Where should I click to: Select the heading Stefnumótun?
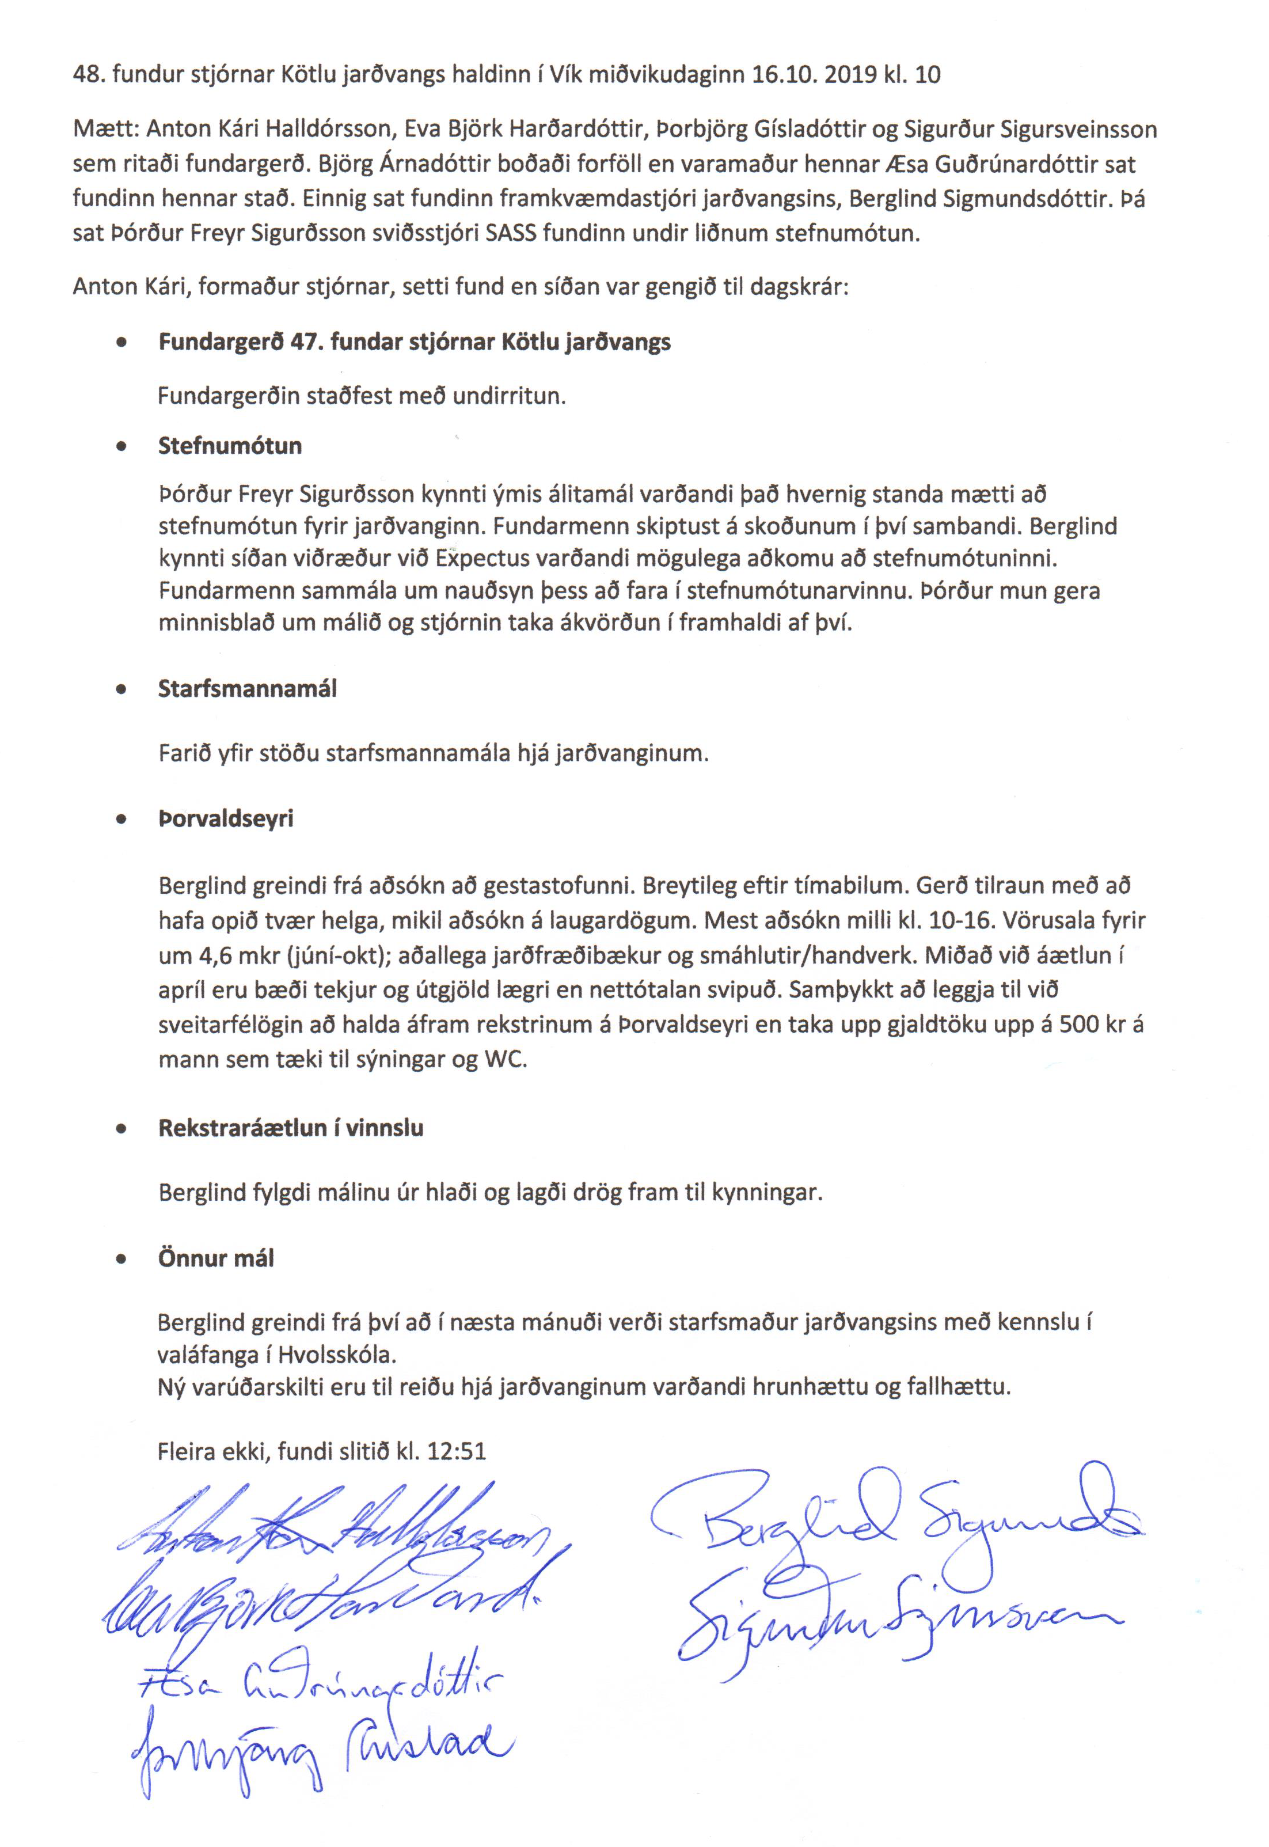click(230, 445)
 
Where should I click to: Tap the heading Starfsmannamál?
click(247, 689)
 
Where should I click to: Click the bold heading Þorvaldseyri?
click(226, 819)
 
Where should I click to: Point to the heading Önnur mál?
click(216, 1258)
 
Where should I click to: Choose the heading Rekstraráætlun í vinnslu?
click(290, 1128)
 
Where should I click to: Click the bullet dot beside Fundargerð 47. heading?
click(121, 343)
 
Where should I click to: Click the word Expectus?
click(482, 558)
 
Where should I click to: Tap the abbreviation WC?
click(505, 1060)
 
